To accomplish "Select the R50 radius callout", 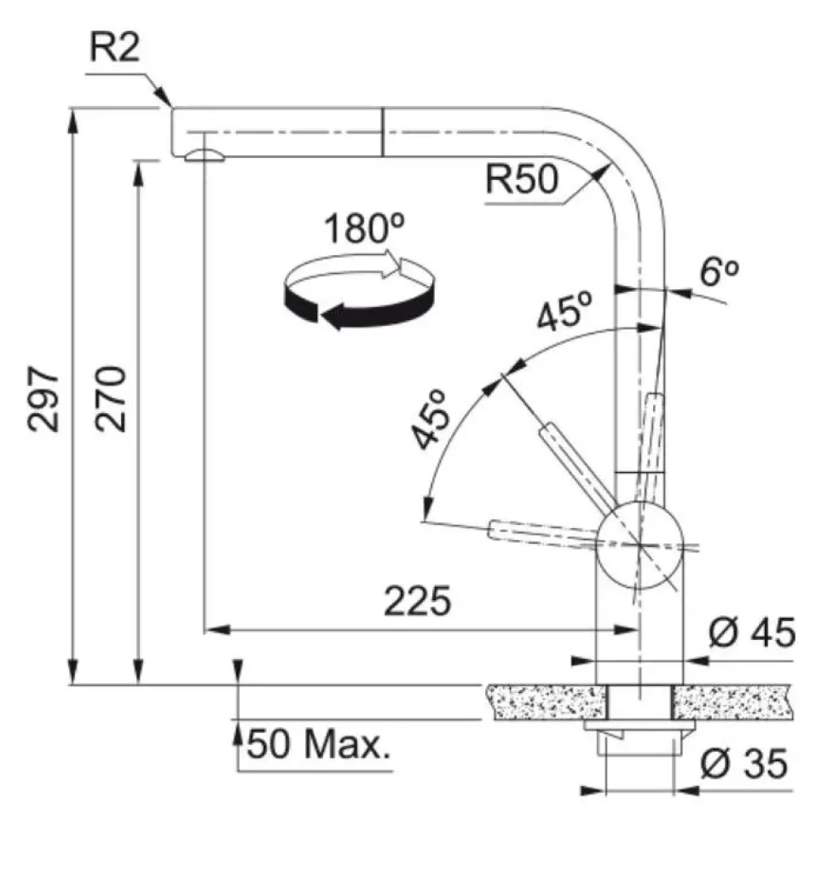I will coord(520,180).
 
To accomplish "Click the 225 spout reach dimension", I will coord(416,602).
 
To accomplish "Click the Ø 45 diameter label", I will coord(751,634).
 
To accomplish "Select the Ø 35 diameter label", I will coord(743,765).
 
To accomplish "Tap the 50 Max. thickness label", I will coord(318,747).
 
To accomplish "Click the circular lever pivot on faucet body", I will coord(639,544).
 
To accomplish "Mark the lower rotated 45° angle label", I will coord(431,419).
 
